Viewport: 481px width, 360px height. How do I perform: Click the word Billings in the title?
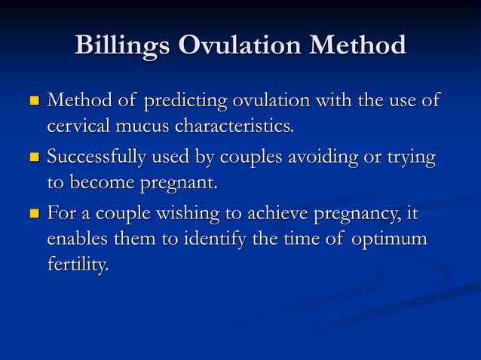click(123, 47)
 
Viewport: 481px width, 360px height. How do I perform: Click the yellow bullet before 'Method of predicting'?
click(32, 101)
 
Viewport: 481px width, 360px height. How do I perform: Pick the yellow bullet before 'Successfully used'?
click(32, 158)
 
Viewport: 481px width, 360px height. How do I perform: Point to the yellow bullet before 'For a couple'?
click(32, 215)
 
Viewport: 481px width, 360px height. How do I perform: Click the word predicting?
click(186, 101)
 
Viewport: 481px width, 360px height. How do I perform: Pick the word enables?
click(79, 239)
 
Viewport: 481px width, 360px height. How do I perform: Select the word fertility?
click(78, 266)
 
